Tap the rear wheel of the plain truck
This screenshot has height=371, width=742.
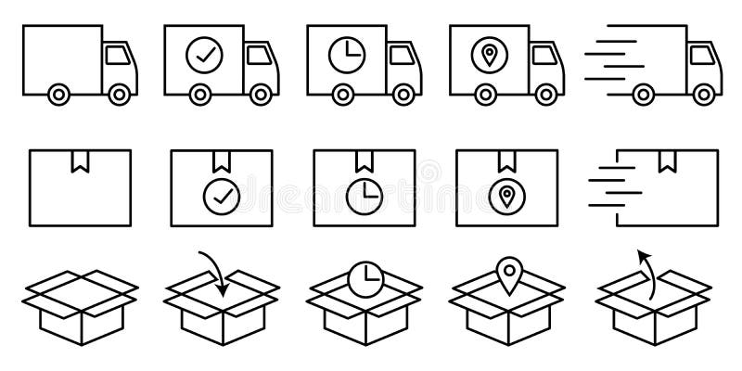(58, 93)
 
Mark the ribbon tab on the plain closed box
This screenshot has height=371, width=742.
(74, 163)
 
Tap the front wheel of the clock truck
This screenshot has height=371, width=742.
(404, 93)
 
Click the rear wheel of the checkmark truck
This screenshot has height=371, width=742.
(201, 93)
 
